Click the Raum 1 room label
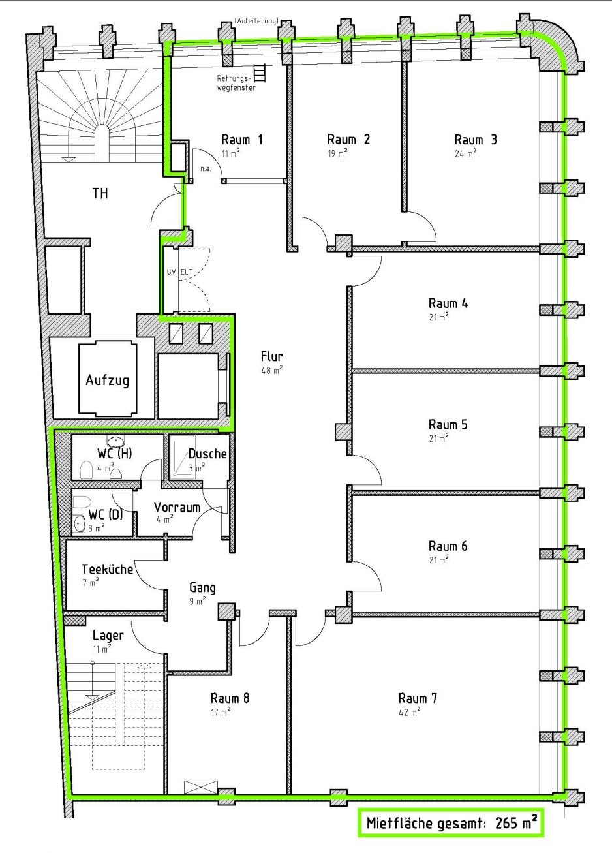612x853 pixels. click(242, 139)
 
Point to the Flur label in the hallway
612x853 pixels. click(271, 356)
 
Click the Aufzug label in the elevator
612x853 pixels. click(107, 380)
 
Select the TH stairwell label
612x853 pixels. click(100, 193)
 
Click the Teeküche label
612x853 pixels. click(107, 569)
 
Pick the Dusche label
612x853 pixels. click(207, 454)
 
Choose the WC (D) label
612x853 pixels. click(105, 514)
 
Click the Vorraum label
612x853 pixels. click(177, 507)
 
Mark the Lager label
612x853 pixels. click(108, 635)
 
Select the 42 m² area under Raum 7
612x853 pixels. click(409, 712)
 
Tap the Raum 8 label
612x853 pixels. click(230, 698)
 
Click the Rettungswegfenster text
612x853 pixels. click(236, 82)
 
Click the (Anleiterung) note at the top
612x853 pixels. click(256, 22)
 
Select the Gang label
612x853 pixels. click(202, 587)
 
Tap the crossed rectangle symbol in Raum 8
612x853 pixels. click(196, 787)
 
